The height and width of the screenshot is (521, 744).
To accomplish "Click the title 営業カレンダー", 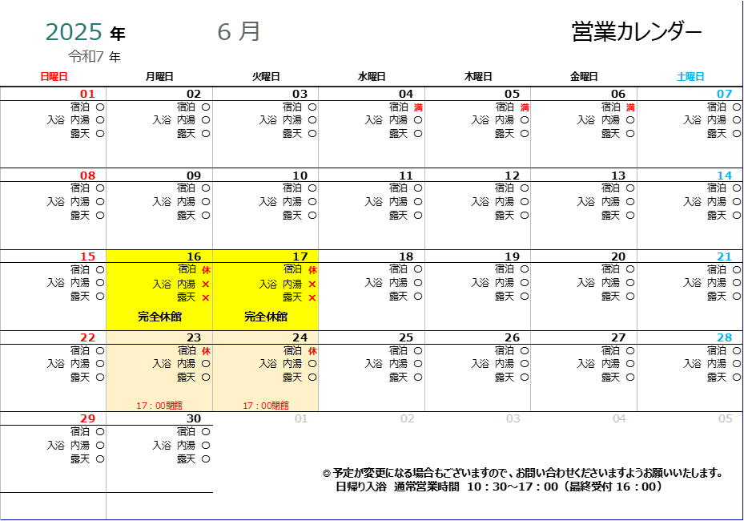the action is (x=637, y=32).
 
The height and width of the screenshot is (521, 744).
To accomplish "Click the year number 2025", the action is (x=74, y=32).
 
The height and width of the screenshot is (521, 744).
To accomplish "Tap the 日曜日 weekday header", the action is (x=54, y=76).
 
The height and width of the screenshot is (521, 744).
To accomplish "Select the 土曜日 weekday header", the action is (x=690, y=76).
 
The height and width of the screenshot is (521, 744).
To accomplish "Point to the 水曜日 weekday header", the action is (x=372, y=76).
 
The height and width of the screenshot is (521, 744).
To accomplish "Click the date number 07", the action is (x=725, y=94).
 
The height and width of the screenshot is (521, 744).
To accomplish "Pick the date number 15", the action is (x=88, y=256).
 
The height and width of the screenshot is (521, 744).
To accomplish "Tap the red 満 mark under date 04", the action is (x=418, y=107).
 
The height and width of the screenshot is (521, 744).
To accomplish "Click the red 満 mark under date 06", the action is (x=630, y=107).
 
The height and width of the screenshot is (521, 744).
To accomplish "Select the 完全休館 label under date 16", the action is (x=159, y=317).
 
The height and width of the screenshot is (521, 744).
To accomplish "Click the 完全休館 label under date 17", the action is (x=266, y=317).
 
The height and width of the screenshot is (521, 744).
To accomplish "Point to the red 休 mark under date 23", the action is (x=206, y=351).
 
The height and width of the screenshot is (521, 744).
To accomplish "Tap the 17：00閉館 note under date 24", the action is (x=266, y=406).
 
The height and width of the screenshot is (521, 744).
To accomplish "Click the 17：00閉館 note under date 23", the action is (x=159, y=406).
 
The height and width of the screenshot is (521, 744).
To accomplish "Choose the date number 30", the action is (x=194, y=418).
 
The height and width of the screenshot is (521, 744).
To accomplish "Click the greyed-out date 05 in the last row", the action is (x=725, y=418).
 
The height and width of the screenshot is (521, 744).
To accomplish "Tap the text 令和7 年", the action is (x=95, y=57).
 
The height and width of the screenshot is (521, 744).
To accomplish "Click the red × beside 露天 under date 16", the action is (x=206, y=298).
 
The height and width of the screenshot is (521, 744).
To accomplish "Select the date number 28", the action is (x=725, y=337).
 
